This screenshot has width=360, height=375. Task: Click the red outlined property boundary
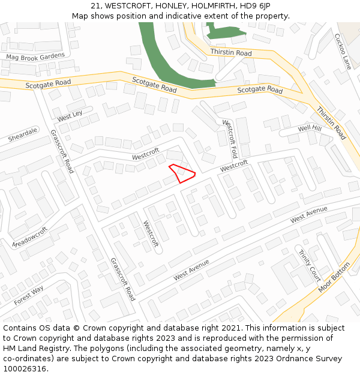pyautogui.click(x=182, y=173)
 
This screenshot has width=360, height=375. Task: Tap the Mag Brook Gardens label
pyautogui.click(x=35, y=56)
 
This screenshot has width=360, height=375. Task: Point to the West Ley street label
pyautogui.click(x=70, y=115)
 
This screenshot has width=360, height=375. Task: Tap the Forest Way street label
pyautogui.click(x=29, y=296)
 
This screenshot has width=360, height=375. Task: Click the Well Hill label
pyautogui.click(x=310, y=129)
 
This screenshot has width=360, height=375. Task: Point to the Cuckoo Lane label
pyautogui.click(x=343, y=51)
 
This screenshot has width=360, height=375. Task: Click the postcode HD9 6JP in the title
pyautogui.click(x=255, y=6)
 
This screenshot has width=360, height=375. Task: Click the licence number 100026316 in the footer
pyautogui.click(x=25, y=368)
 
